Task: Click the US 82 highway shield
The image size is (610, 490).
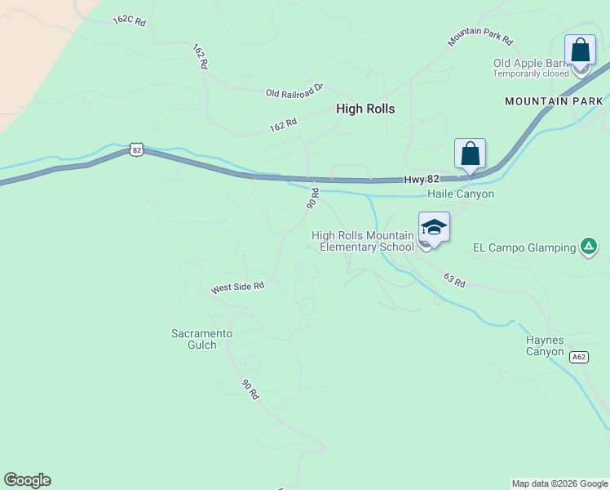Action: tap(136, 150)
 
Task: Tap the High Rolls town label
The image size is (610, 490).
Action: tap(365, 109)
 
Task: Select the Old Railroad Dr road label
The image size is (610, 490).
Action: tap(294, 91)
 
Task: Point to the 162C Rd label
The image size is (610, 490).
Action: tap(129, 20)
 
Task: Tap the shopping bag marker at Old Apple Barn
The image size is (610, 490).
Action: tap(580, 51)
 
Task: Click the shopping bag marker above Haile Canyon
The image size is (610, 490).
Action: tap(470, 154)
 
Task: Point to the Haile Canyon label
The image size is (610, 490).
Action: tap(461, 194)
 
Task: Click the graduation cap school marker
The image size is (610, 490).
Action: tap(434, 228)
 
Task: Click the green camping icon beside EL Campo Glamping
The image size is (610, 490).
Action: tap(589, 245)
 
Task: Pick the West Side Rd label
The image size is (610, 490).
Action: tap(238, 287)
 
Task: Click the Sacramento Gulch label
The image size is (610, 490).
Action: tap(201, 339)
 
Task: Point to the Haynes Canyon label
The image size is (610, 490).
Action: tap(545, 345)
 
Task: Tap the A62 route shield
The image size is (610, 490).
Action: tap(578, 357)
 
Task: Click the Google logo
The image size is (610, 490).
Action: tap(27, 480)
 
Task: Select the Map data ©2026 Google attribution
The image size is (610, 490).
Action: tap(559, 483)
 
